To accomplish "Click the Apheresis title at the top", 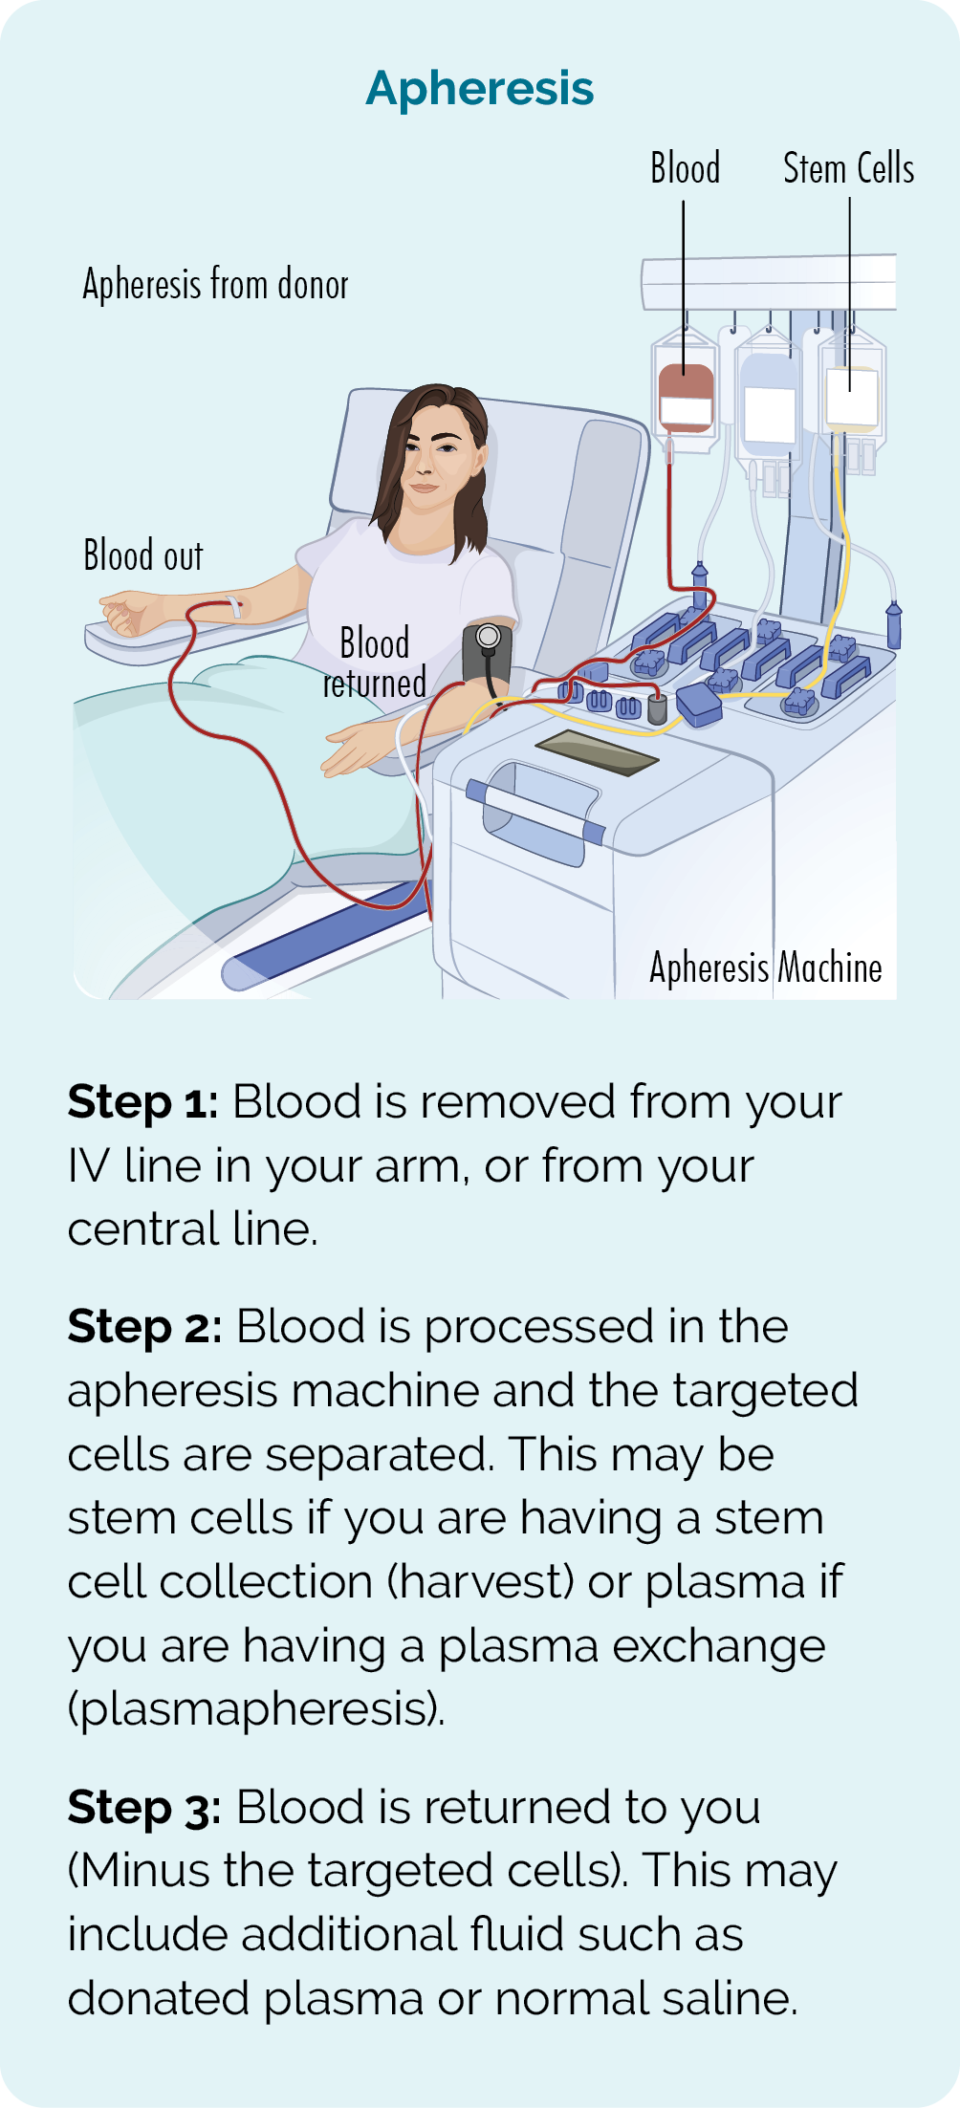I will (x=480, y=89).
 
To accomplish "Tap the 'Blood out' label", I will (x=143, y=555).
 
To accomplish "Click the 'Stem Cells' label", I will (x=848, y=168).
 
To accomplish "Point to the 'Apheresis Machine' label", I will (x=765, y=967).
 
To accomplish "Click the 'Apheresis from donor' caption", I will (x=215, y=284).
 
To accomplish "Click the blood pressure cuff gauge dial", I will (x=488, y=636).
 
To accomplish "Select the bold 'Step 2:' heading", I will (x=144, y=1327).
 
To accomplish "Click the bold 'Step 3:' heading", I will (x=144, y=1808).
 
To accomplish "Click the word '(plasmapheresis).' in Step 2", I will (x=256, y=1709).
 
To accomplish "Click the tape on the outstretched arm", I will (x=232, y=606).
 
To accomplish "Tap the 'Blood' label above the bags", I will (x=685, y=168).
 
